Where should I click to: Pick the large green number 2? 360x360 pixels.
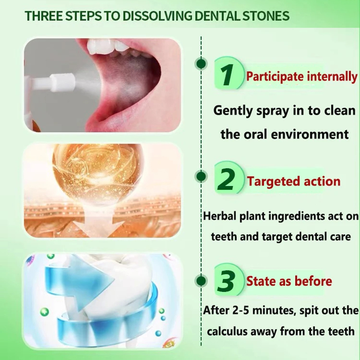229,180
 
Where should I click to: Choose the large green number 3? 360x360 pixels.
229,281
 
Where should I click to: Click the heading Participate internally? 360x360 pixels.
301,76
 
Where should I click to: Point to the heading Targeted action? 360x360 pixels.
293,182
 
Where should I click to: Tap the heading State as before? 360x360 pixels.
289,282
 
